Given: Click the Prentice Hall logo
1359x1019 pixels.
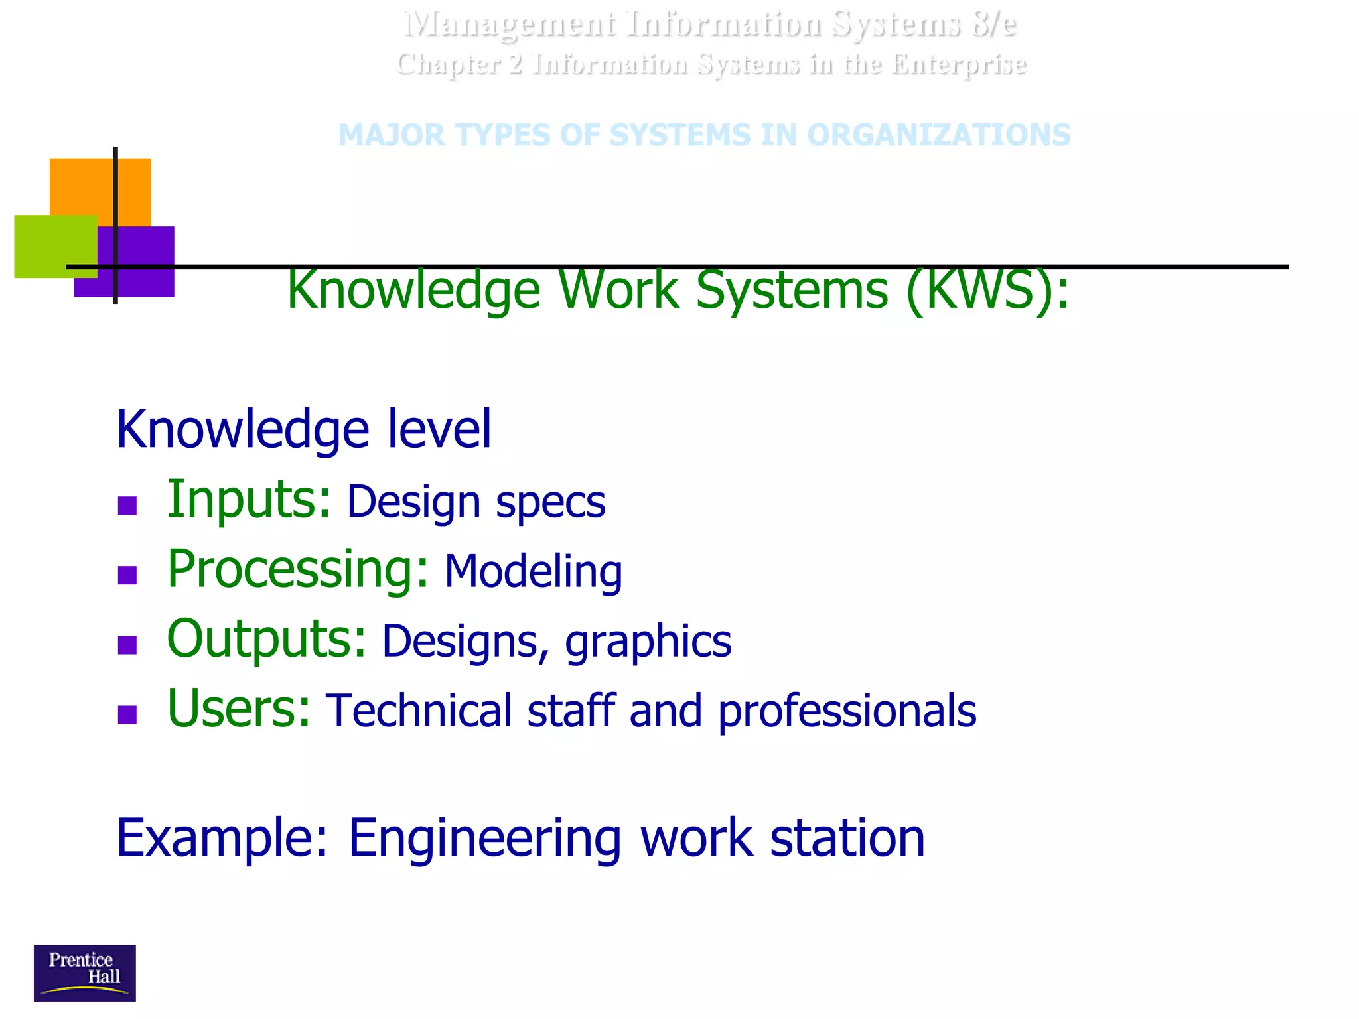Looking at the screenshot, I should pos(84,973).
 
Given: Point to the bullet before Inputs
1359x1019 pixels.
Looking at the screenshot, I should pos(127,506).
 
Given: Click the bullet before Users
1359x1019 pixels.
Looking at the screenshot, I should pos(127,714).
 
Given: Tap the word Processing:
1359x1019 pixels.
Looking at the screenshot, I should pos(297,571).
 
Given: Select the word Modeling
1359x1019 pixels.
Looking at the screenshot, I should pos(533,572).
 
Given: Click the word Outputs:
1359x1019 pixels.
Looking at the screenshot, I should pos(266,640).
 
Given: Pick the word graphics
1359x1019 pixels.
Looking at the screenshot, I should pos(648,642).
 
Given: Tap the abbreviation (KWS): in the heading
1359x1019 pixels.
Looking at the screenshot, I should pos(987,291).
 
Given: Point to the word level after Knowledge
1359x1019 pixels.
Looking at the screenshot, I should pos(439,429).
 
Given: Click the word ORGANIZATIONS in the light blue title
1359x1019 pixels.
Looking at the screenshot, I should pos(938,135).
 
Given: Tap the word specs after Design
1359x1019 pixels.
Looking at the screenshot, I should pos(550,502).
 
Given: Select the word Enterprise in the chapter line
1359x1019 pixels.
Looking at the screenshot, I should pos(959,65).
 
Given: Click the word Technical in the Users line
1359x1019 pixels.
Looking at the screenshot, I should pos(419,711).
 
